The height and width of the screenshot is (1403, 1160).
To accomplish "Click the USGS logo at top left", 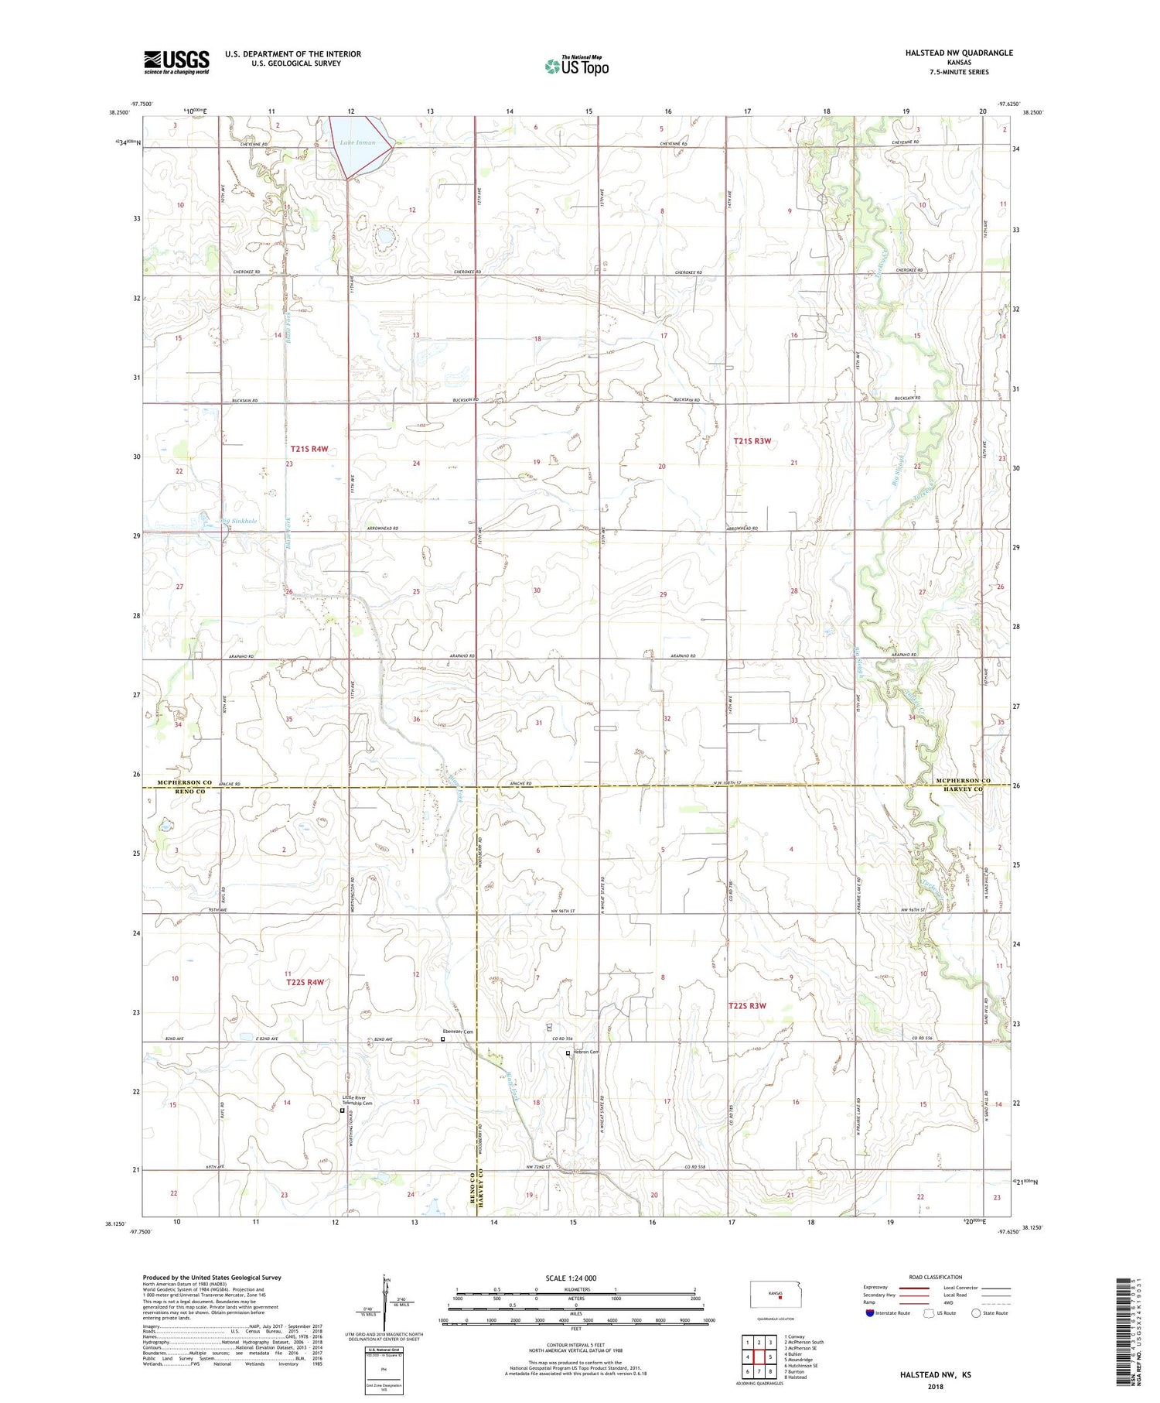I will (x=176, y=62).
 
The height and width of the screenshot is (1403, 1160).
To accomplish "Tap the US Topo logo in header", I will (x=576, y=66).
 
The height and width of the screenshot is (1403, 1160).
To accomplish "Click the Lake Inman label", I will (x=357, y=142).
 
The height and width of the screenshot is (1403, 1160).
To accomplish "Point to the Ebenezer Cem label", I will (x=457, y=1032).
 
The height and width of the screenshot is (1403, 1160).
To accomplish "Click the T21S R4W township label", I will (x=309, y=449).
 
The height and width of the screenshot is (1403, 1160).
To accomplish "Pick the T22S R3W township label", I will (x=747, y=1005).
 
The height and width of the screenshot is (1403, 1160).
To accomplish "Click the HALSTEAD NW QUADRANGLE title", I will (x=959, y=53).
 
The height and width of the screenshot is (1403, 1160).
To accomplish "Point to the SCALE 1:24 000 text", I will (x=571, y=1278).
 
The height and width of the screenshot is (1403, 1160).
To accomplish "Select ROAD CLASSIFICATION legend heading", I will (x=936, y=1277).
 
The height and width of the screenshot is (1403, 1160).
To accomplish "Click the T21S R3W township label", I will (x=752, y=440).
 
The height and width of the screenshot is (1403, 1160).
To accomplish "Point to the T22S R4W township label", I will (x=305, y=982).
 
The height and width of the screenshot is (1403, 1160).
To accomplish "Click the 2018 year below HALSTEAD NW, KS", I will (x=936, y=1386).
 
